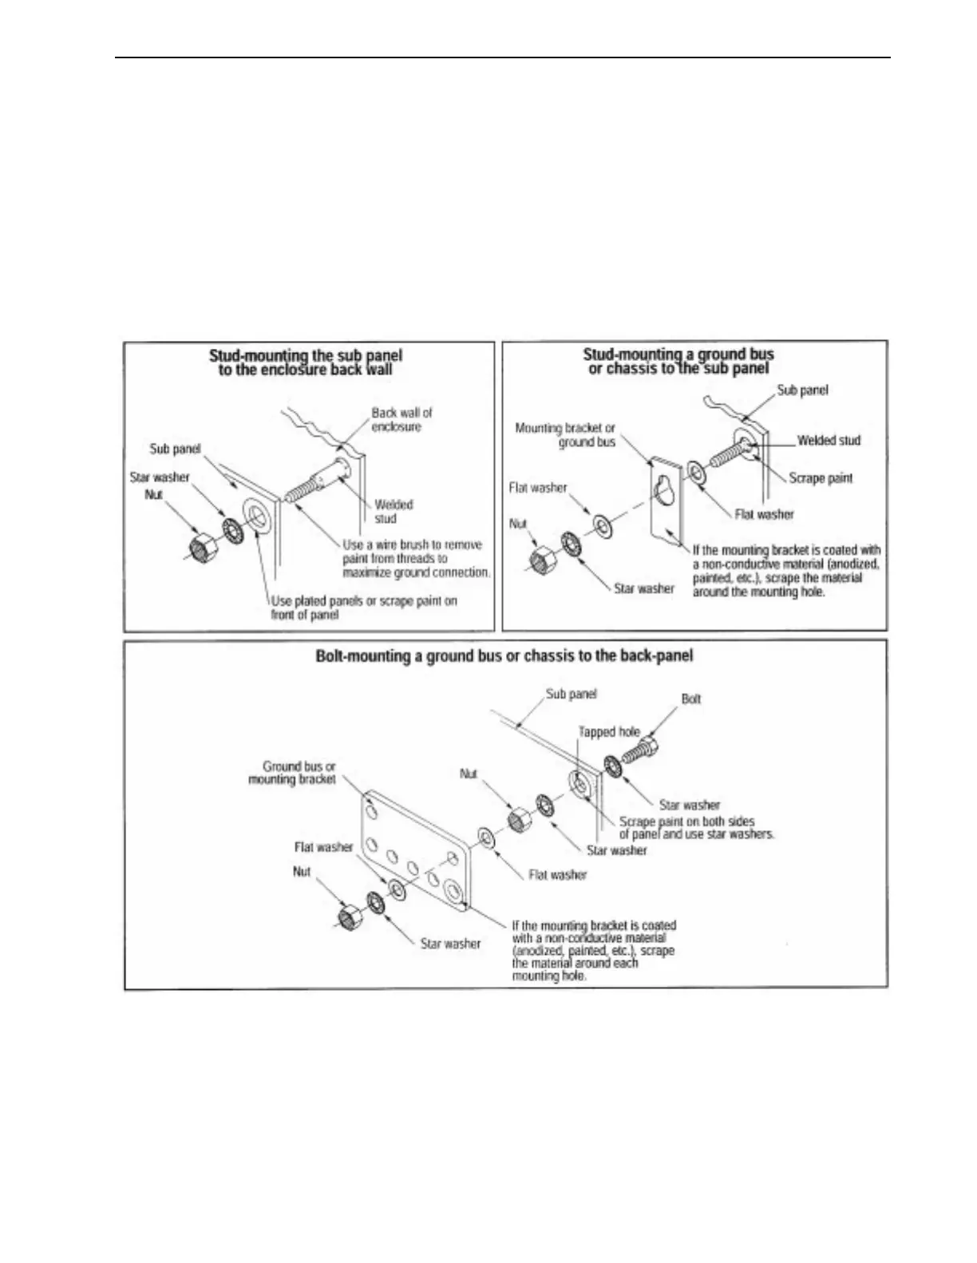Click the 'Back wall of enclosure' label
pyautogui.click(x=401, y=420)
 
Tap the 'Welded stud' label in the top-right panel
pyautogui.click(x=829, y=441)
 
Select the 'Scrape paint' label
pyautogui.click(x=821, y=478)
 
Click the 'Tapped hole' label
pyautogui.click(x=609, y=731)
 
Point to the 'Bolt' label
pyautogui.click(x=691, y=699)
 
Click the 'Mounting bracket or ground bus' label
pyautogui.click(x=565, y=434)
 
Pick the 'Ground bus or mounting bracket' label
pyautogui.click(x=292, y=773)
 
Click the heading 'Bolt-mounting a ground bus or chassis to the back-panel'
pyautogui.click(x=504, y=655)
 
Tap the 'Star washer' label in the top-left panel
pyautogui.click(x=160, y=477)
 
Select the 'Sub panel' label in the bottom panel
pyautogui.click(x=572, y=694)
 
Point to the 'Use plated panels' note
pyautogui.click(x=364, y=607)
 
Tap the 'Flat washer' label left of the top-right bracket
pyautogui.click(x=538, y=488)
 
